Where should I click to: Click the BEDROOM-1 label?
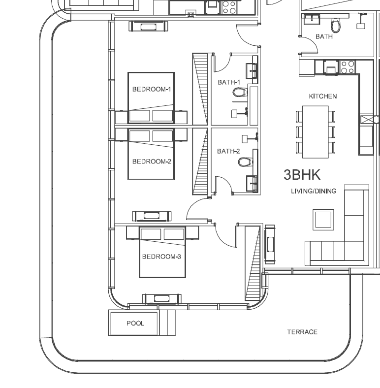tap(152, 89)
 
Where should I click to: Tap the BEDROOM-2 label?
tap(152, 162)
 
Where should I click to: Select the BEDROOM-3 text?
tap(161, 257)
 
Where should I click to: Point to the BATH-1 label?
tap(228, 82)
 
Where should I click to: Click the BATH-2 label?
tap(228, 151)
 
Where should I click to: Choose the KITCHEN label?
tap(323, 96)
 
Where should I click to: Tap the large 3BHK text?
tap(302, 175)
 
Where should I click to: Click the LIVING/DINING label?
tap(314, 191)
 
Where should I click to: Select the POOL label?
tap(135, 323)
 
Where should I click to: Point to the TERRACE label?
tap(302, 332)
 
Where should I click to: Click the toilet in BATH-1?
tap(240, 92)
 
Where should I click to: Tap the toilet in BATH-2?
tap(246, 162)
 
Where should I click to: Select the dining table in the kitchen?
tap(316, 132)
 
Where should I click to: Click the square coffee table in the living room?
tap(323, 220)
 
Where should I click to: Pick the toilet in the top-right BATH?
tap(336, 25)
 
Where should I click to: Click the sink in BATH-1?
tap(252, 71)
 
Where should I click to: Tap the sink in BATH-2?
tap(252, 184)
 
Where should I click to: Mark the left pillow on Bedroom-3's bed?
tap(151, 234)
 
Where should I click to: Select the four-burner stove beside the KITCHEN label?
tap(348, 67)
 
